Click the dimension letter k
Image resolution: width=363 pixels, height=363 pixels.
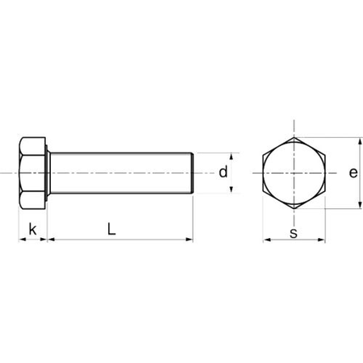click(x=32, y=229)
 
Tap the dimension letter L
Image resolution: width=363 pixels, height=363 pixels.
click(x=112, y=228)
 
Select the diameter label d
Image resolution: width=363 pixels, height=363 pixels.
click(x=223, y=172)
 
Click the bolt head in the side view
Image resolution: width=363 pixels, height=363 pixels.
click(x=31, y=173)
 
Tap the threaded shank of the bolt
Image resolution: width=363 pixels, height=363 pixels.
click(x=121, y=173)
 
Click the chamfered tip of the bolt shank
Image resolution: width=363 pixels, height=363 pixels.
click(x=191, y=173)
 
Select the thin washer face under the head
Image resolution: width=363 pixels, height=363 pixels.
click(x=48, y=173)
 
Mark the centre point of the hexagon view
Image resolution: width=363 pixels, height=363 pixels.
click(x=294, y=173)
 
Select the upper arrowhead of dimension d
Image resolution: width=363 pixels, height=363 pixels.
click(x=233, y=156)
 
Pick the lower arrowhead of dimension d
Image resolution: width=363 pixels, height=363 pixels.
click(x=233, y=189)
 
